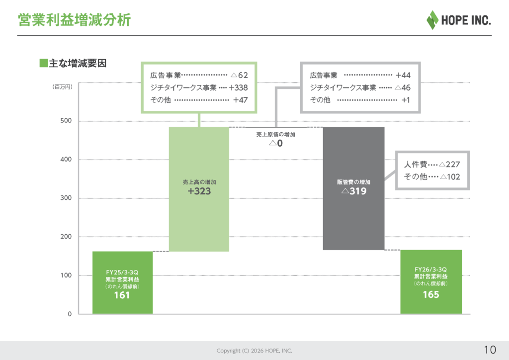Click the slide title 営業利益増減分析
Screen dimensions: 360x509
coord(74,20)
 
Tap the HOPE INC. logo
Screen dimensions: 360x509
coord(458,20)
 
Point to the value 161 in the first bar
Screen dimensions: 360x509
coord(122,295)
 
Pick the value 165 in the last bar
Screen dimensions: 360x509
coord(430,295)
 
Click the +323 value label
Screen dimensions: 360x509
coord(199,191)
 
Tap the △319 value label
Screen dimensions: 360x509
coord(353,191)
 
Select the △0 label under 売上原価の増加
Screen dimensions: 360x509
coord(276,144)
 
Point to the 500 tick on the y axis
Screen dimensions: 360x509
coord(67,121)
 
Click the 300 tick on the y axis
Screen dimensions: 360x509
coord(67,198)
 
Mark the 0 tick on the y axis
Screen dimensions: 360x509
coord(70,314)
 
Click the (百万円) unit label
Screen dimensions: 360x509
coord(63,87)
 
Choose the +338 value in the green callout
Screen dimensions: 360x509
coord(238,88)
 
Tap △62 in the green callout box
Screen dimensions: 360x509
coord(239,76)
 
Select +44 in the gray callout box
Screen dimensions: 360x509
coord(403,76)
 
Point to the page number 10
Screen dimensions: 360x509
coord(490,349)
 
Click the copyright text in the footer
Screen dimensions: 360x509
coord(254,351)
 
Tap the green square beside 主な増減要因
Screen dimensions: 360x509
coord(43,63)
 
